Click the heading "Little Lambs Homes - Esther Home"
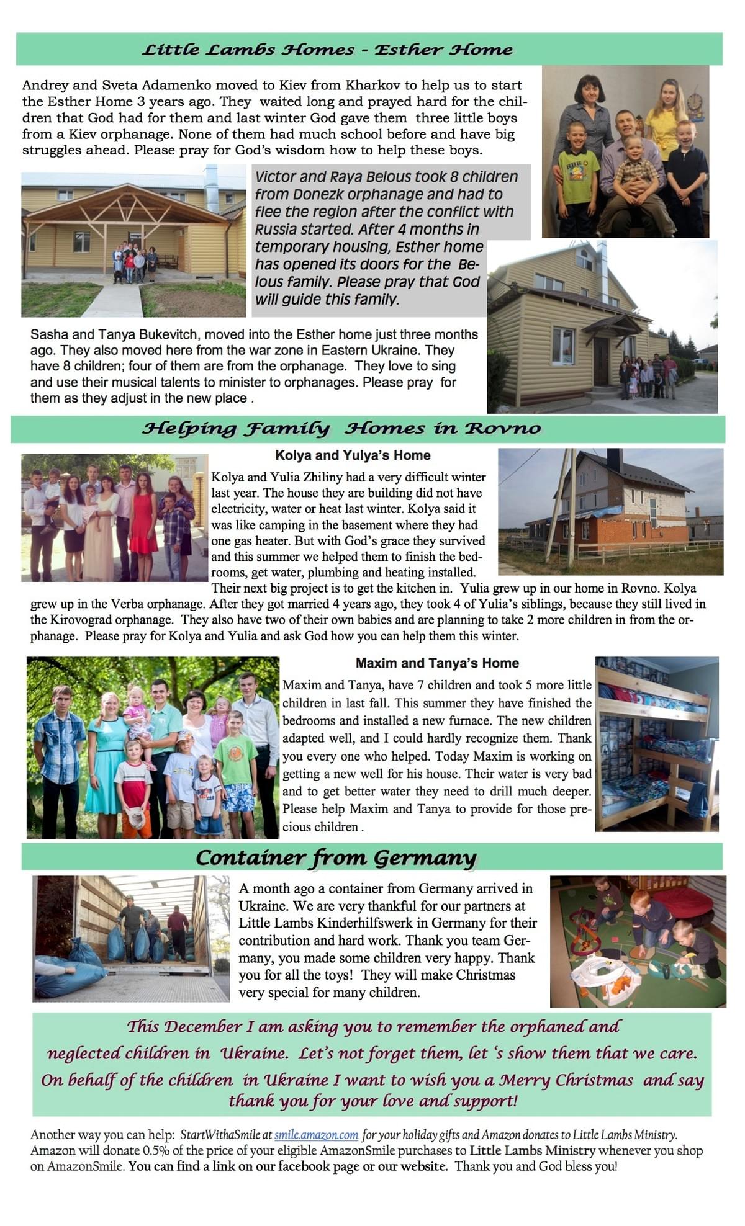pos(327,50)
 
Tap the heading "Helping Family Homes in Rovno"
pos(341,429)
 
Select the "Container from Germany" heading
pos(336,857)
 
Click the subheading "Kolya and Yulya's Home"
pos(353,455)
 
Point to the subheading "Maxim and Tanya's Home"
pos(437,663)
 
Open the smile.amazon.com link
pos(316,1135)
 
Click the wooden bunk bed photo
pos(657,744)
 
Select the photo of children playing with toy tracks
pos(638,941)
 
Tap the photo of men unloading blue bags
pos(131,938)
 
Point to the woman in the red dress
pos(143,521)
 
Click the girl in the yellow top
pos(666,118)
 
